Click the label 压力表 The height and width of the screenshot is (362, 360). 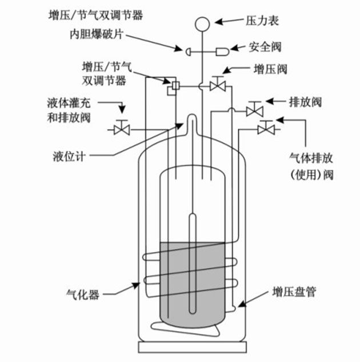coord(265,21)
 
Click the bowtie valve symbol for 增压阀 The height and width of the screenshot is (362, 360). coord(218,86)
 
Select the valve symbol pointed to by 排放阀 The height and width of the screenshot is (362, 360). coord(254,109)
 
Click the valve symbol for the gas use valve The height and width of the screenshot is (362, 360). coord(265,128)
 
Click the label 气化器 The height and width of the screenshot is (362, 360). coord(84,294)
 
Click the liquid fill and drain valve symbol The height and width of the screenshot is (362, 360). coord(121,128)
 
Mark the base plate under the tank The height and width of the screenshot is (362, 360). coord(193,346)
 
